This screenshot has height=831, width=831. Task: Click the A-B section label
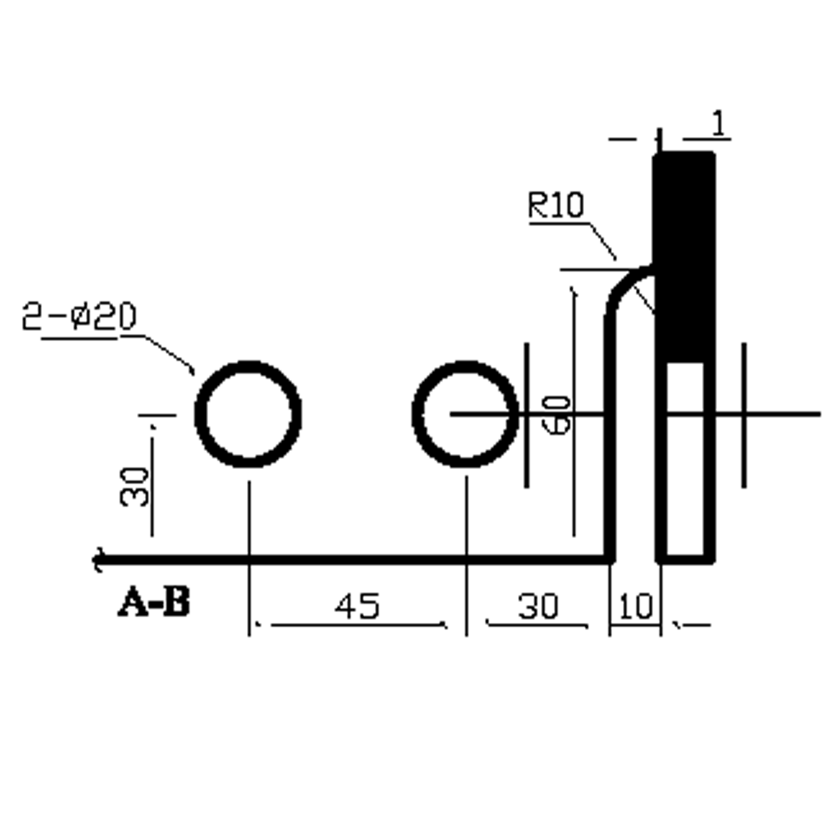click(x=154, y=602)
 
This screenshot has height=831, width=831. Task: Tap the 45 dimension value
click(x=358, y=606)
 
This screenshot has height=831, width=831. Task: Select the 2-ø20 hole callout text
click(x=79, y=316)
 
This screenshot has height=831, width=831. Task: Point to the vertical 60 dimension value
click(x=558, y=415)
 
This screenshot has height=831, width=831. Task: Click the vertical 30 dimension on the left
click(x=135, y=487)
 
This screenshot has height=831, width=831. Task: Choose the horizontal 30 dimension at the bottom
click(x=538, y=606)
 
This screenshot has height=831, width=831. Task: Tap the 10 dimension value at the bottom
click(x=636, y=606)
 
